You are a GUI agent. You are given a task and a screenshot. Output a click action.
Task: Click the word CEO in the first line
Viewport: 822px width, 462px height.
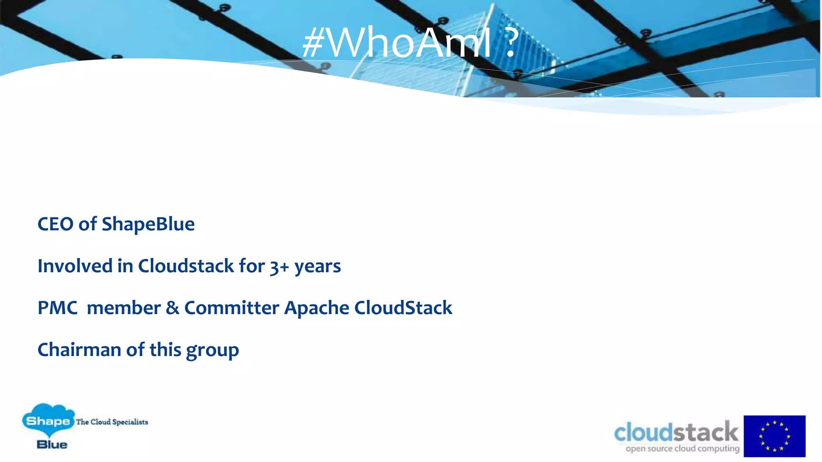[55, 224]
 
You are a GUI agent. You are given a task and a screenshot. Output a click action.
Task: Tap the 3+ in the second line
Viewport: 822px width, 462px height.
[279, 267]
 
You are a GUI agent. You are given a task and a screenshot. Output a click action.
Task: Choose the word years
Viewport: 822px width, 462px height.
[317, 267]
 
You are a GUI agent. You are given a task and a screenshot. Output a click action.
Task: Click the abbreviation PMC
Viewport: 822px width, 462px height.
[57, 308]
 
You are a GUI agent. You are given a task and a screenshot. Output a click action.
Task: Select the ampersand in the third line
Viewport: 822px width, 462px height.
[173, 308]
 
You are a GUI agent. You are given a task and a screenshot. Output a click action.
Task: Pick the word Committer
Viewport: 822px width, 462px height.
[232, 308]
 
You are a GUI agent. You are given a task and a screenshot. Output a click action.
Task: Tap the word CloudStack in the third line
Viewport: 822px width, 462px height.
[403, 308]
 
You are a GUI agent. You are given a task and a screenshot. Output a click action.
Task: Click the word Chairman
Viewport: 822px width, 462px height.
[79, 350]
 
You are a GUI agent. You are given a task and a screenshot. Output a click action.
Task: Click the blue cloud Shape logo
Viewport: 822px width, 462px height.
[48, 420]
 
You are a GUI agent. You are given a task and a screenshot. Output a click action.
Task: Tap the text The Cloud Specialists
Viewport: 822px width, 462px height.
[112, 422]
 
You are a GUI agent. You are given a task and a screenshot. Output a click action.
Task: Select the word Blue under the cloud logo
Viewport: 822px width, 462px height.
[52, 444]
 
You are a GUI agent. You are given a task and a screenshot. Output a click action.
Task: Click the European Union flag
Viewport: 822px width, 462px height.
[774, 436]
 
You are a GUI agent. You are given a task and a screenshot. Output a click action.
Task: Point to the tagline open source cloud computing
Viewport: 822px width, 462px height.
[682, 448]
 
